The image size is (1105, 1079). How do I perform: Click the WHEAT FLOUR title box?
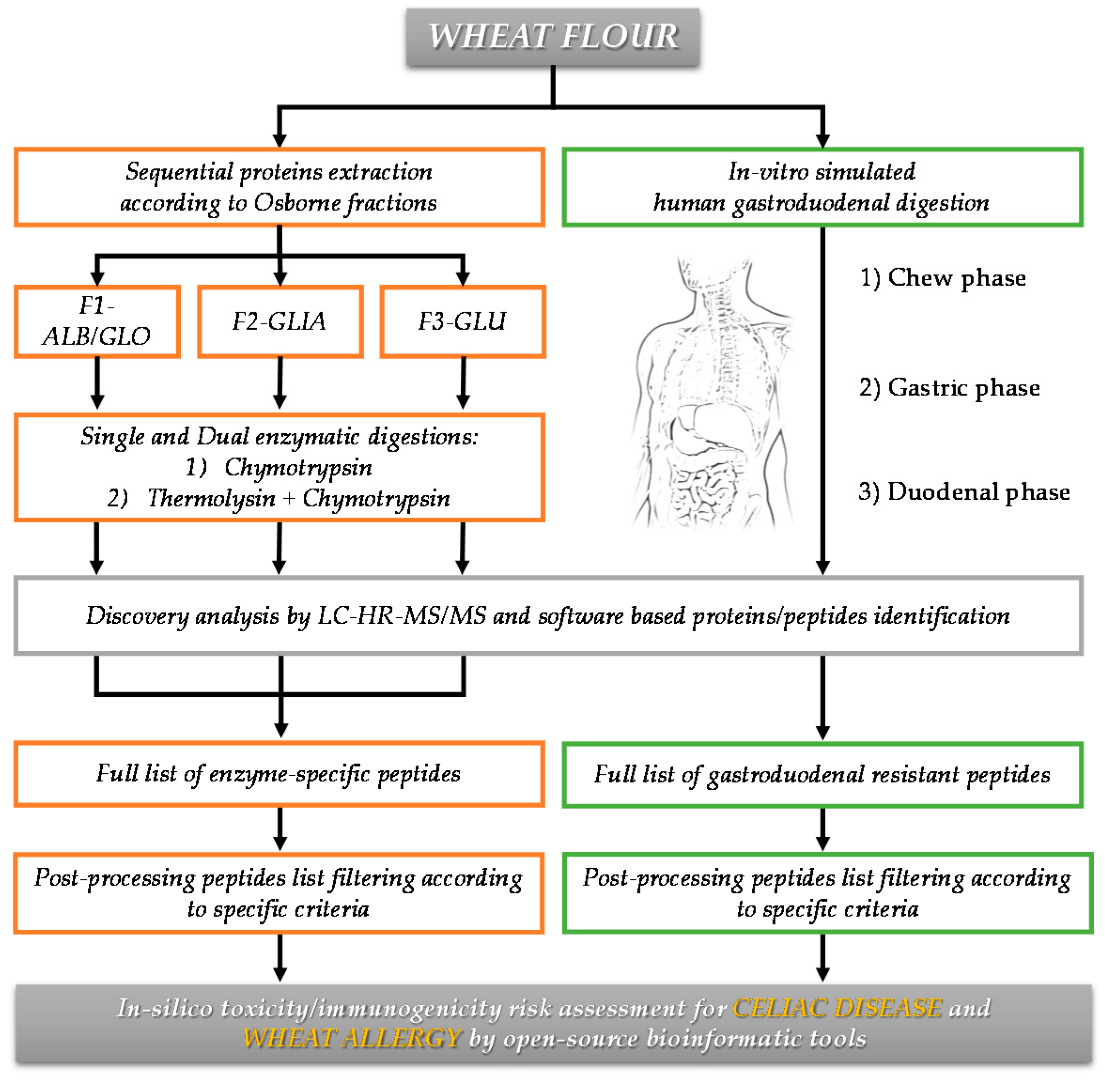[552, 37]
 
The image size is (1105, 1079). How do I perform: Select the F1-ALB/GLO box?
[97, 321]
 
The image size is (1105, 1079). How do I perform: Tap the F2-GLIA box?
[279, 321]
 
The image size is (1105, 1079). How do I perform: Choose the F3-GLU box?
[462, 321]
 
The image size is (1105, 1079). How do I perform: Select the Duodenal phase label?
[964, 491]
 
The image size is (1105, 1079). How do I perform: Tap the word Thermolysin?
[211, 498]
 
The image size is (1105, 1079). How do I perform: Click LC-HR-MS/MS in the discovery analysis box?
[402, 615]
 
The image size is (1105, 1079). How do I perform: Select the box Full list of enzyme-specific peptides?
[278, 773]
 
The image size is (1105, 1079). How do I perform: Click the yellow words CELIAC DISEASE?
[837, 1008]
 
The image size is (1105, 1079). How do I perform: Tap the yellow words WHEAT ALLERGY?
[352, 1038]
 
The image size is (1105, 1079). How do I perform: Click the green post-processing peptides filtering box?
[827, 893]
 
